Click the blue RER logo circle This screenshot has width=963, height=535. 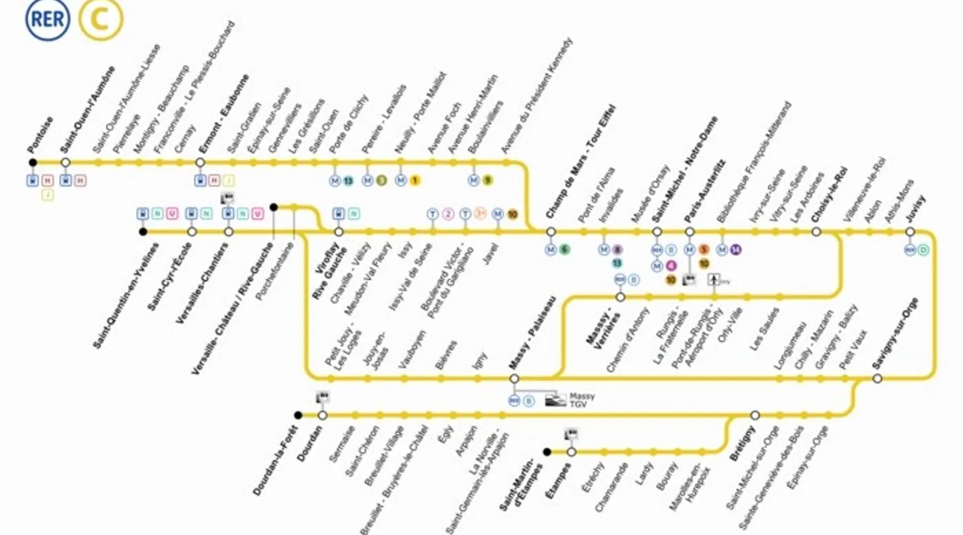tap(48, 19)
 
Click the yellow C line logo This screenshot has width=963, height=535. tap(101, 19)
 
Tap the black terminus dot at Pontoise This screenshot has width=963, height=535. tap(33, 163)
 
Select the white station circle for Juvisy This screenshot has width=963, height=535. tap(910, 232)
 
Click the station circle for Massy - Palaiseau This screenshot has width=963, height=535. tap(514, 379)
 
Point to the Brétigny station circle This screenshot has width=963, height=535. tap(755, 415)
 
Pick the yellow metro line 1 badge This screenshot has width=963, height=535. tap(415, 181)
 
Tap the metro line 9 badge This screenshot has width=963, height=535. tap(487, 181)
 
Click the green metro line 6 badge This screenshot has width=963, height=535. tap(564, 249)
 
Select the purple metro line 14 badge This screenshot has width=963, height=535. tap(736, 249)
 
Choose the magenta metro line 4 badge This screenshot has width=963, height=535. tap(671, 266)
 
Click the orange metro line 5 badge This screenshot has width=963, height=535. tap(704, 249)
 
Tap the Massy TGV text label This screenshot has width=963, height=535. tap(582, 400)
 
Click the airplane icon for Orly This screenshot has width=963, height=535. tap(714, 279)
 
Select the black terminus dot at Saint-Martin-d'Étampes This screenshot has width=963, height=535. tap(547, 452)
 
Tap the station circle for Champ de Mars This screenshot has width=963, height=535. tap(551, 232)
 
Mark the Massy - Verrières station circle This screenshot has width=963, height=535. tap(620, 297)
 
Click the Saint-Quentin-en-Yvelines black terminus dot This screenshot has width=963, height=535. tap(143, 232)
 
